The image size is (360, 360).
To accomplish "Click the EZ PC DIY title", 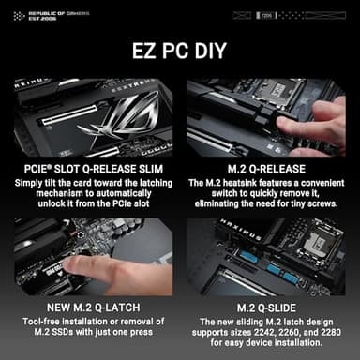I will click(x=180, y=49).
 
